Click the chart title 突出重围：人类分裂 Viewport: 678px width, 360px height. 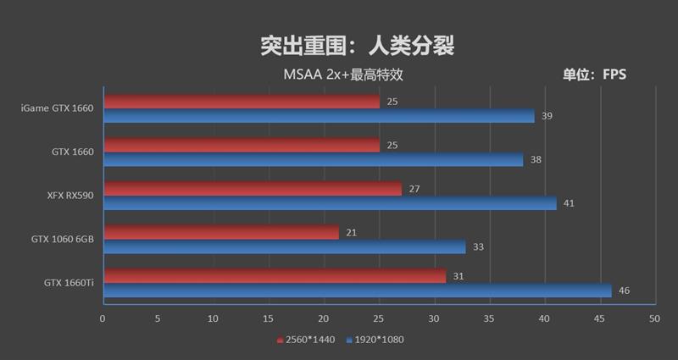[x=356, y=45]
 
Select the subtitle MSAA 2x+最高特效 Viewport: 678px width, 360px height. [x=342, y=75]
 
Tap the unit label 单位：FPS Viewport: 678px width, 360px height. [x=594, y=75]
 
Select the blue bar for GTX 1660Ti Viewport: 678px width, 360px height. [x=357, y=291]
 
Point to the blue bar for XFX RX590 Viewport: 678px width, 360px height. [x=330, y=203]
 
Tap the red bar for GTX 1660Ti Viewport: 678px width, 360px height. [x=275, y=276]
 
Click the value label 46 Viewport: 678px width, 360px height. [x=624, y=291]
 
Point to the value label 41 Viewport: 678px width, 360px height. [x=569, y=203]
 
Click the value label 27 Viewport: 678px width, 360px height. [x=414, y=189]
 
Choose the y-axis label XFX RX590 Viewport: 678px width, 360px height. [x=70, y=196]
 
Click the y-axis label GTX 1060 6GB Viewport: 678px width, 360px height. [x=63, y=240]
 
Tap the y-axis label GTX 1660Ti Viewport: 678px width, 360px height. [x=69, y=283]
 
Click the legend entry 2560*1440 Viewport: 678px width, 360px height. [x=306, y=340]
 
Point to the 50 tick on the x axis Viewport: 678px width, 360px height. [x=653, y=319]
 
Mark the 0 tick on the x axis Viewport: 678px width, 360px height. [x=103, y=319]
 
